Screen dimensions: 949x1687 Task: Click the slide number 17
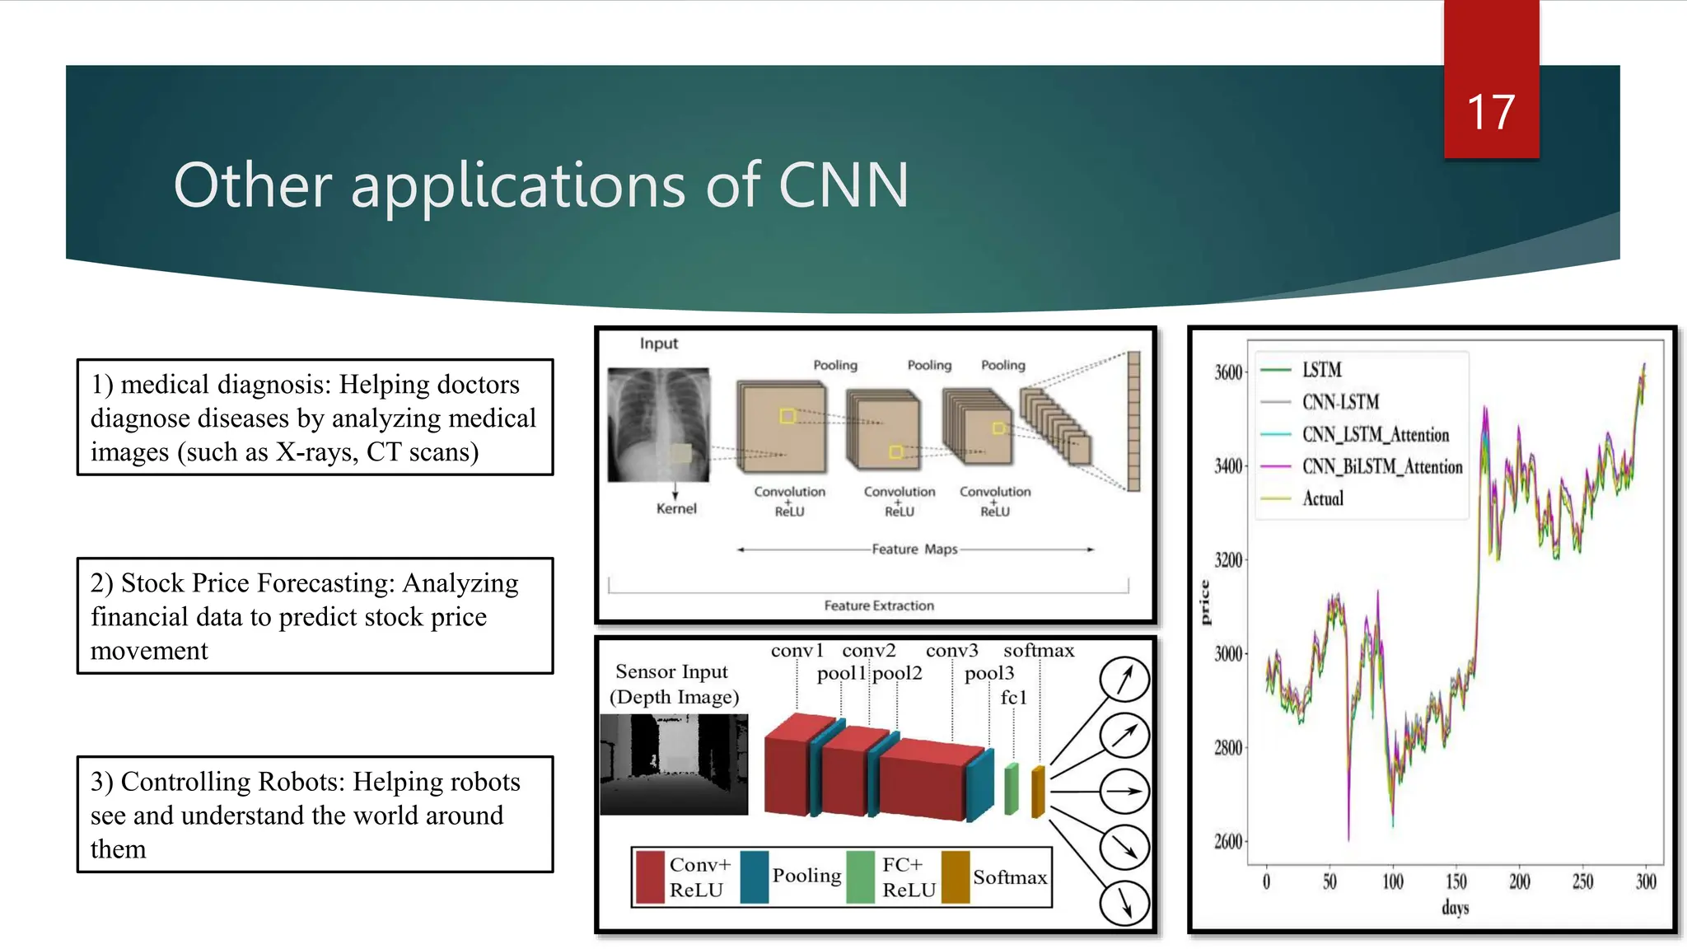point(1490,112)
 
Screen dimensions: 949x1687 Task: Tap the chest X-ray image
point(658,424)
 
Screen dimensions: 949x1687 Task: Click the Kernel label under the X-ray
point(676,509)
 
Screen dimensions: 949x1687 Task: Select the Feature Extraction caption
point(879,605)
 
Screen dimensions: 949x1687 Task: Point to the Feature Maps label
point(914,549)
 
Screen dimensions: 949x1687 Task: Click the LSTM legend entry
point(1321,370)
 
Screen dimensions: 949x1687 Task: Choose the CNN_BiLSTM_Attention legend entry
point(1381,467)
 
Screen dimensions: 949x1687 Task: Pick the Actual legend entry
point(1322,498)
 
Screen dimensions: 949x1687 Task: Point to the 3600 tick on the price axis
point(1227,372)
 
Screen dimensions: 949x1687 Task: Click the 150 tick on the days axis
point(1456,882)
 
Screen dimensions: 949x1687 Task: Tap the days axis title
point(1455,908)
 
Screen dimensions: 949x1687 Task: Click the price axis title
point(1205,602)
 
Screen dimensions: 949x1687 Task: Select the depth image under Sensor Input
point(674,764)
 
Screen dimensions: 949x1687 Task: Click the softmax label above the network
point(1038,651)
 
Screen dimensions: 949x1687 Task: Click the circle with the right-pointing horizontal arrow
point(1124,791)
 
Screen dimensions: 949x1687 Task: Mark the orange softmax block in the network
point(1038,792)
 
